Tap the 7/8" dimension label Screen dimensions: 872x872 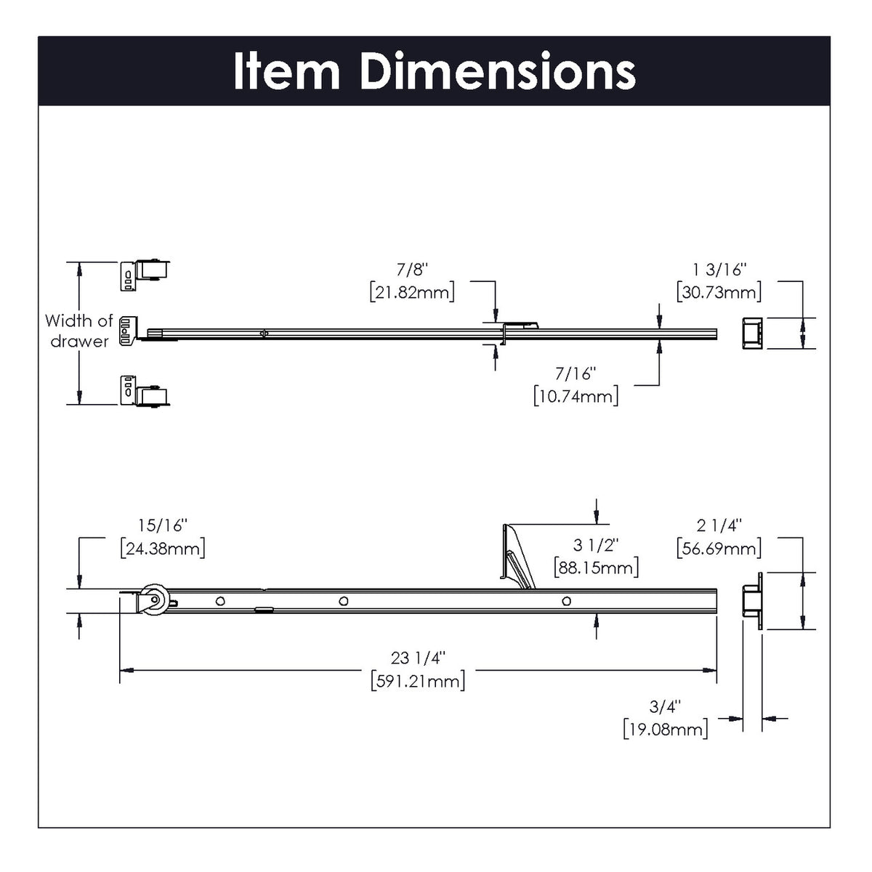pos(413,270)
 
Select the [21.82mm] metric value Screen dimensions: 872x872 pos(413,292)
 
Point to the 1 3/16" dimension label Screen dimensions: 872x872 pos(719,270)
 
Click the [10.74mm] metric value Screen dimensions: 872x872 pos(576,396)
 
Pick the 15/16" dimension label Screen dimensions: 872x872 pos(163,525)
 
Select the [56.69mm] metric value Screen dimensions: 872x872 pos(719,548)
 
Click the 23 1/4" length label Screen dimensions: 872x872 pos(418,658)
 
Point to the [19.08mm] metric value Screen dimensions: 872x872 pos(666,729)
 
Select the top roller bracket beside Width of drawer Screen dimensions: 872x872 pos(145,275)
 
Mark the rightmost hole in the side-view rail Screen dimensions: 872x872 pos(566,601)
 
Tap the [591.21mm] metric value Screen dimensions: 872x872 pos(418,681)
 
